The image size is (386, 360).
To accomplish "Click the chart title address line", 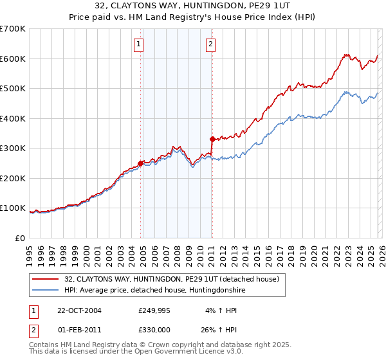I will [193, 6].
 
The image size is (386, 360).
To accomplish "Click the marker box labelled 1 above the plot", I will [139, 44].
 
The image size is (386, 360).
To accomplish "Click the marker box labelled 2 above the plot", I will [210, 44].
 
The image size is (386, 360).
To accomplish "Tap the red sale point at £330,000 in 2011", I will [212, 139].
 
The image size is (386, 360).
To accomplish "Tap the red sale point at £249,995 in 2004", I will [141, 163].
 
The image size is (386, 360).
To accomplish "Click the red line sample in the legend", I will [45, 279].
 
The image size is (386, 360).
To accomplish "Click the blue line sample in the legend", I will [45, 290].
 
